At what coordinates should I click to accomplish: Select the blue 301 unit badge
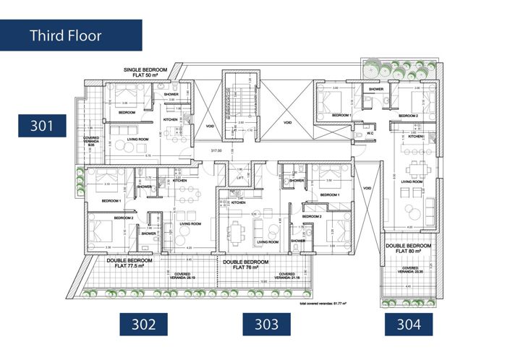coord(43,125)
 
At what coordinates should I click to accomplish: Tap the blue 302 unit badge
coord(144,325)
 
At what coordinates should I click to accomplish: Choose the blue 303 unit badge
coord(267,325)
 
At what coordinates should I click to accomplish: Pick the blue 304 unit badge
coord(409,325)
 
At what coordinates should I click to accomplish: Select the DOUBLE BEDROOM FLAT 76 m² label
coord(246,264)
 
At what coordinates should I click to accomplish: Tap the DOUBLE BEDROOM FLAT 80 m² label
coord(409,249)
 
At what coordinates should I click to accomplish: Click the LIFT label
coord(238,177)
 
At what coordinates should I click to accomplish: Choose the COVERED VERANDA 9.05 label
coord(91,140)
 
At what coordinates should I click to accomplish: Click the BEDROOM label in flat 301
coord(127,113)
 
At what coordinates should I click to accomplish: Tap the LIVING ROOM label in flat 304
coord(411,191)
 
